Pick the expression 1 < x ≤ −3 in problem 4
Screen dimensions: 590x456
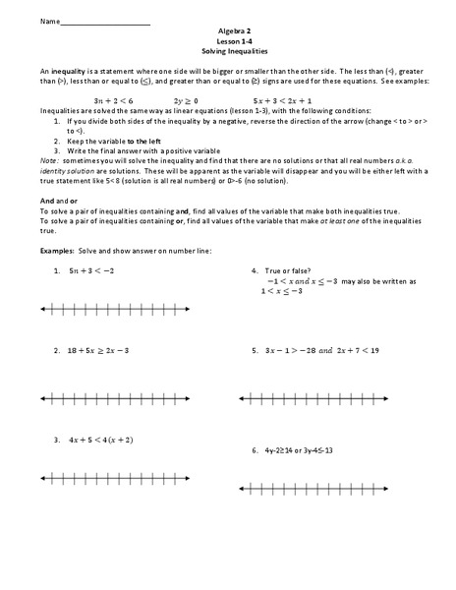click(x=291, y=291)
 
